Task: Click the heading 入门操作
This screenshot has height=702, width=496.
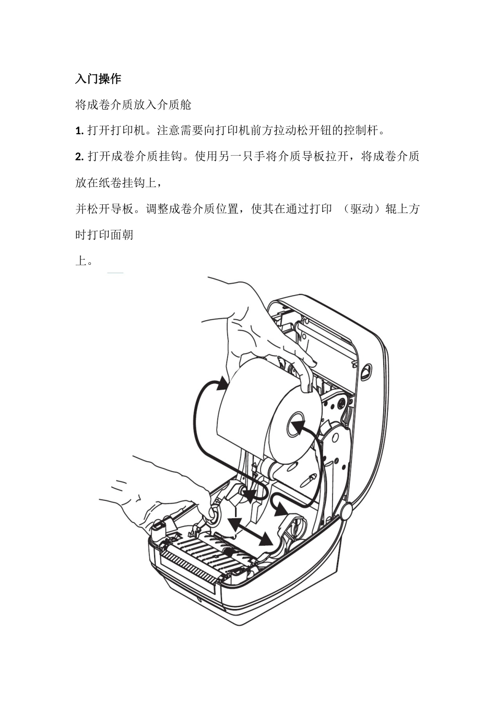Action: (x=98, y=79)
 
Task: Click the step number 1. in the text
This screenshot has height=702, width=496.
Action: (x=80, y=131)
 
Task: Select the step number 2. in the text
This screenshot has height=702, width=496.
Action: (x=80, y=156)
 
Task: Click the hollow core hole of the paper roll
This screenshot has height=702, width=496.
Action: (x=296, y=423)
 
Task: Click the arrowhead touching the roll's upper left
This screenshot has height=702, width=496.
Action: (x=222, y=384)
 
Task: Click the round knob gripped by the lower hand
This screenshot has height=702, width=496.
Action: (x=214, y=514)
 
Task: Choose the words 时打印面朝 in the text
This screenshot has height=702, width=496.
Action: (x=104, y=235)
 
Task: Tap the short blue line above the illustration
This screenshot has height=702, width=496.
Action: (x=115, y=273)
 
